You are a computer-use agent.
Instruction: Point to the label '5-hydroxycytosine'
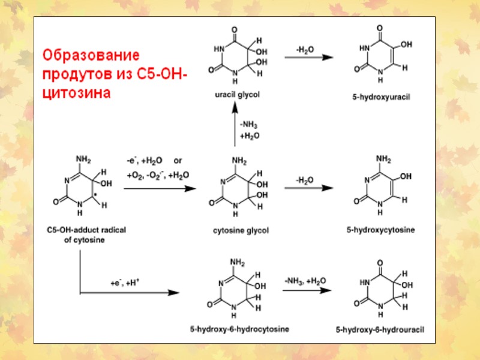380,230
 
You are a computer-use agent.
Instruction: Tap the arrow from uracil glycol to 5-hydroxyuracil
308,57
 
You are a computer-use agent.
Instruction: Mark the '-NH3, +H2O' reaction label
305,280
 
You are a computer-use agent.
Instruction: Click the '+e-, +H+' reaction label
125,282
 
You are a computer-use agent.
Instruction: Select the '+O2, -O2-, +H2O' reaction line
158,175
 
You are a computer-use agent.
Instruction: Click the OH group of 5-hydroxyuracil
406,44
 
